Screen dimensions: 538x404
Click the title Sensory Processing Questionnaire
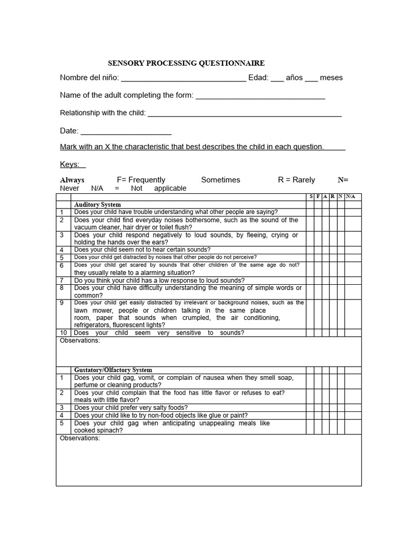186,63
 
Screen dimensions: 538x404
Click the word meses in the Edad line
331,78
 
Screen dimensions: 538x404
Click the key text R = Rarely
296,180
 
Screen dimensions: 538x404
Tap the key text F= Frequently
141,180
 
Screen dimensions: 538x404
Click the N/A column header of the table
350,196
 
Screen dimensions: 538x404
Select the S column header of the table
311,196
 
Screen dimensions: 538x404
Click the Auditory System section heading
97,204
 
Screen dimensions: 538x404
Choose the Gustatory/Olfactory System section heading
113,370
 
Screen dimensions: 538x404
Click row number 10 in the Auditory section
63,333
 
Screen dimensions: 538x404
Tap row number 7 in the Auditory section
62,281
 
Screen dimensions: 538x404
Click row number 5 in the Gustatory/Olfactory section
62,423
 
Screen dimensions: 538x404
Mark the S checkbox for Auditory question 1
311,212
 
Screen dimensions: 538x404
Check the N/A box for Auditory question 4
350,250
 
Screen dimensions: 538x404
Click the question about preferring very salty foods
131,407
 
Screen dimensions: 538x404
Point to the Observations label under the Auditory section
80,340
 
